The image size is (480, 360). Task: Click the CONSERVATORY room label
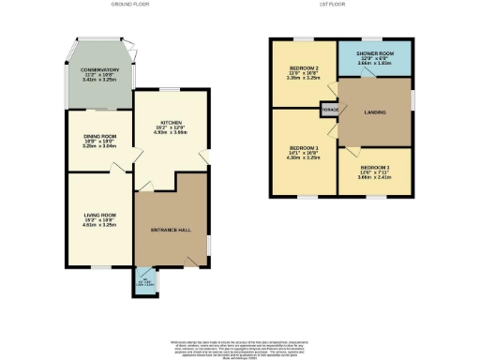[x=98, y=69]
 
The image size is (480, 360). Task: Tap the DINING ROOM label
[x=98, y=136]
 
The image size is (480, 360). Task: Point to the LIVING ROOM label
[x=97, y=215]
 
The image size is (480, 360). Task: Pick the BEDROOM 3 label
[x=373, y=168]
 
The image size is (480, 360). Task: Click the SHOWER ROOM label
[x=372, y=52]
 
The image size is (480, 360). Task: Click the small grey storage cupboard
[x=328, y=110]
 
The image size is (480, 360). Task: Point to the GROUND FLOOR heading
[x=132, y=5]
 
